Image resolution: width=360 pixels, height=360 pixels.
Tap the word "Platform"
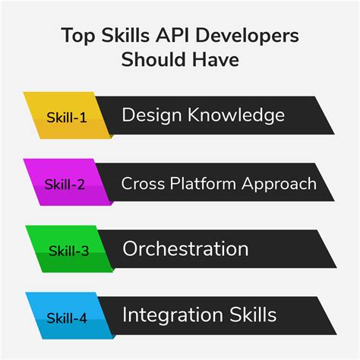pyautogui.click(x=200, y=183)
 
